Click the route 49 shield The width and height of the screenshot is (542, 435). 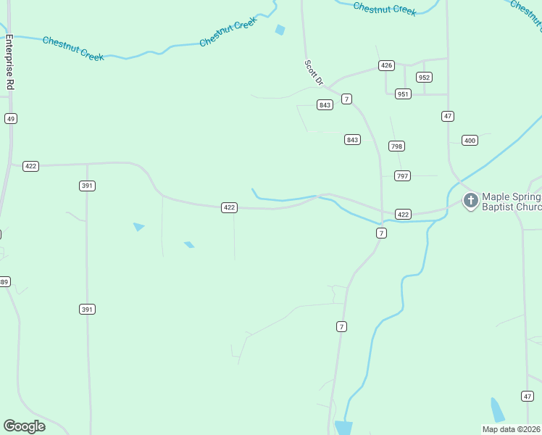[10, 118]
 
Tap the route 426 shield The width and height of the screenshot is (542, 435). [386, 65]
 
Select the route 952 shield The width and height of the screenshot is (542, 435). [424, 77]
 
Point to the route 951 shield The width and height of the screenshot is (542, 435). [403, 94]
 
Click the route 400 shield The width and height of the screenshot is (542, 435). [470, 140]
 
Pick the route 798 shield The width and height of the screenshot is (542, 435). [396, 146]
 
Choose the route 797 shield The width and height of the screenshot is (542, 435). [403, 175]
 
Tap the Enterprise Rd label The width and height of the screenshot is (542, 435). [10, 62]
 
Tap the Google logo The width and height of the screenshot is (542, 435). [24, 426]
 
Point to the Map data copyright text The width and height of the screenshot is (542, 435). [512, 429]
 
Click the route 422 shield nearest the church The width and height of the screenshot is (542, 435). [404, 214]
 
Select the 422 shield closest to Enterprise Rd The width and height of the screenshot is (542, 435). [30, 166]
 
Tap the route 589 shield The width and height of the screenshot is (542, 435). [4, 281]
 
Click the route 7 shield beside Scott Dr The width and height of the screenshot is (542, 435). [347, 99]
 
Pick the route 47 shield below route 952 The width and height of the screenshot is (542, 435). [448, 116]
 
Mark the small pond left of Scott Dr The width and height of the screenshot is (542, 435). [280, 30]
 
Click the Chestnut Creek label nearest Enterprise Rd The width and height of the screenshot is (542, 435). [73, 48]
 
